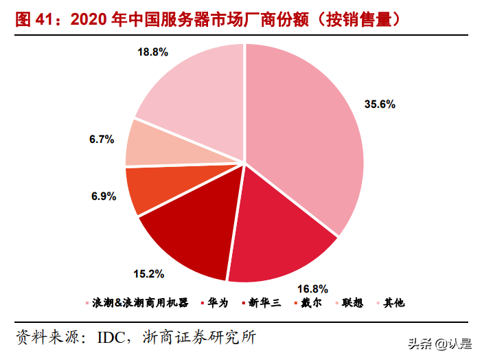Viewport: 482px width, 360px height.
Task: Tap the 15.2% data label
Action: pyautogui.click(x=148, y=274)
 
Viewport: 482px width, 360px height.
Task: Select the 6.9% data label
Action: pyautogui.click(x=102, y=196)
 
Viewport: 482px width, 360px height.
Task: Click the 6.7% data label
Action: pyautogui.click(x=101, y=139)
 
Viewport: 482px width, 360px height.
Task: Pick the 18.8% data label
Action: pyautogui.click(x=152, y=52)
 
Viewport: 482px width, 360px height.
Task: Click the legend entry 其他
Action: pyautogui.click(x=394, y=303)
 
